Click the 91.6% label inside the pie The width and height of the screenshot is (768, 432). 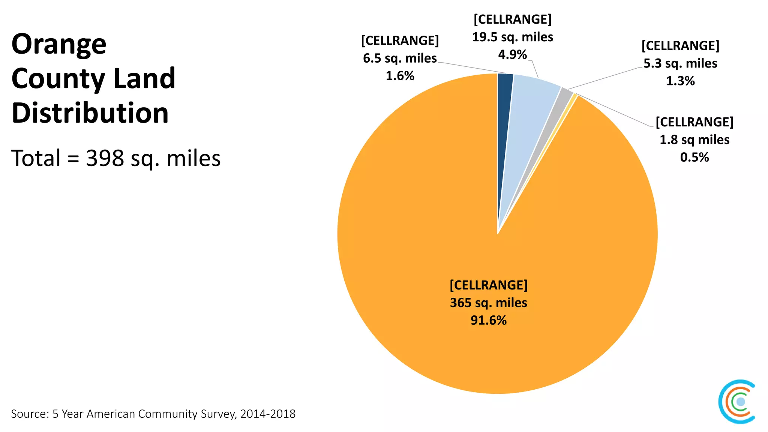(x=488, y=320)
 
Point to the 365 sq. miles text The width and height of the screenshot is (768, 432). (x=488, y=303)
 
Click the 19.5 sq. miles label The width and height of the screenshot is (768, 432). (x=512, y=37)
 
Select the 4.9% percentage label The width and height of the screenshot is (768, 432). (x=512, y=55)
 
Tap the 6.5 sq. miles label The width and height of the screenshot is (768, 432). (x=400, y=58)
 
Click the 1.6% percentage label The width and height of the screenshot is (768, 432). (x=400, y=76)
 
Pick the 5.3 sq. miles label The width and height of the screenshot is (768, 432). (x=680, y=63)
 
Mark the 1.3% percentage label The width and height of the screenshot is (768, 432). (x=680, y=81)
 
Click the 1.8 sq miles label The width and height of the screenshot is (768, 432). (x=694, y=140)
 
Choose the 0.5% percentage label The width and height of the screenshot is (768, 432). (x=694, y=157)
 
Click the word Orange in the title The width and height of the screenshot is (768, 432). (x=59, y=44)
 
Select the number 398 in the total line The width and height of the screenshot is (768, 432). (x=105, y=158)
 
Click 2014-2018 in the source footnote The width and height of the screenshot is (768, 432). (x=268, y=414)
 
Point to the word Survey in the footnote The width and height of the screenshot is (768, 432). (x=219, y=414)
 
